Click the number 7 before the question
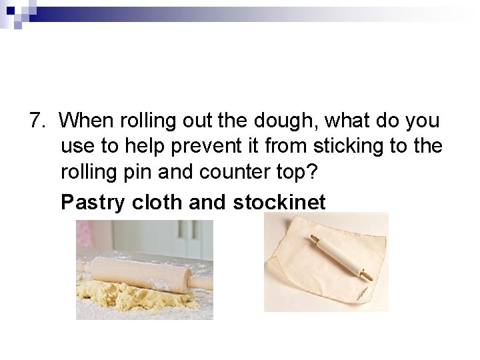click(35, 121)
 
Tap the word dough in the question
click(283, 121)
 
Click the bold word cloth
click(157, 203)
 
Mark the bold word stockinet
click(279, 203)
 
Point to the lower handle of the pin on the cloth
click(365, 273)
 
